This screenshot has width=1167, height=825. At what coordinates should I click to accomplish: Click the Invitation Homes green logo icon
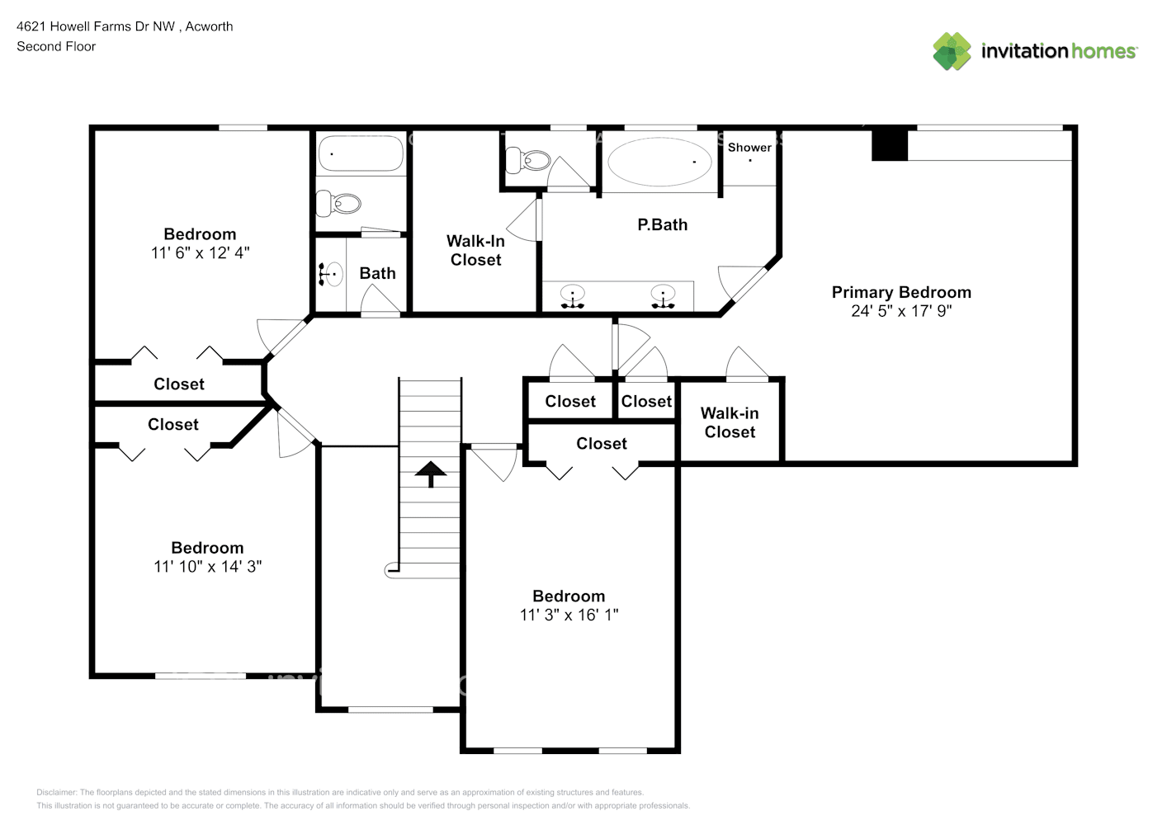click(x=952, y=51)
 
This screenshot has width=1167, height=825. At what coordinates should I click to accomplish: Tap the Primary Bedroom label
click(x=900, y=292)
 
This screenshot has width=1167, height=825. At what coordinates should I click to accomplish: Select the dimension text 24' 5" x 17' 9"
click(x=900, y=311)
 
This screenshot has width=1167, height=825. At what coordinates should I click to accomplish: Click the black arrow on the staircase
click(x=430, y=474)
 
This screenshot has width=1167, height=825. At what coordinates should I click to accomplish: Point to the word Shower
click(x=749, y=148)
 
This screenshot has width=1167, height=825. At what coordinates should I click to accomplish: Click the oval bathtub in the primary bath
click(x=660, y=162)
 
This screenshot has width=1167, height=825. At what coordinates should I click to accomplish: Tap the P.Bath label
click(x=662, y=224)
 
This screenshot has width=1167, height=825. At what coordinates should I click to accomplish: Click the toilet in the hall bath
click(x=339, y=203)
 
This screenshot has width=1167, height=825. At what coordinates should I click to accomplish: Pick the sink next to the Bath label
click(x=332, y=275)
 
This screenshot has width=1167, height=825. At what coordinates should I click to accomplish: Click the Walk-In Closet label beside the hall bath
click(x=475, y=250)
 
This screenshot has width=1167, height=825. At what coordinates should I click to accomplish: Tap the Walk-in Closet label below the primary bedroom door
click(x=730, y=422)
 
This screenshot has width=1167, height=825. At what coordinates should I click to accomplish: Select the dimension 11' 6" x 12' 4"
click(x=200, y=253)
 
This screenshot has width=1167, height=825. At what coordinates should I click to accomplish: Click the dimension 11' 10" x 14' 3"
click(x=207, y=567)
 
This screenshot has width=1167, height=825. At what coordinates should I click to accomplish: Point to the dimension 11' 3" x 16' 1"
click(x=569, y=615)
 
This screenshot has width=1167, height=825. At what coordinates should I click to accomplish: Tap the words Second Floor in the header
click(x=56, y=46)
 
